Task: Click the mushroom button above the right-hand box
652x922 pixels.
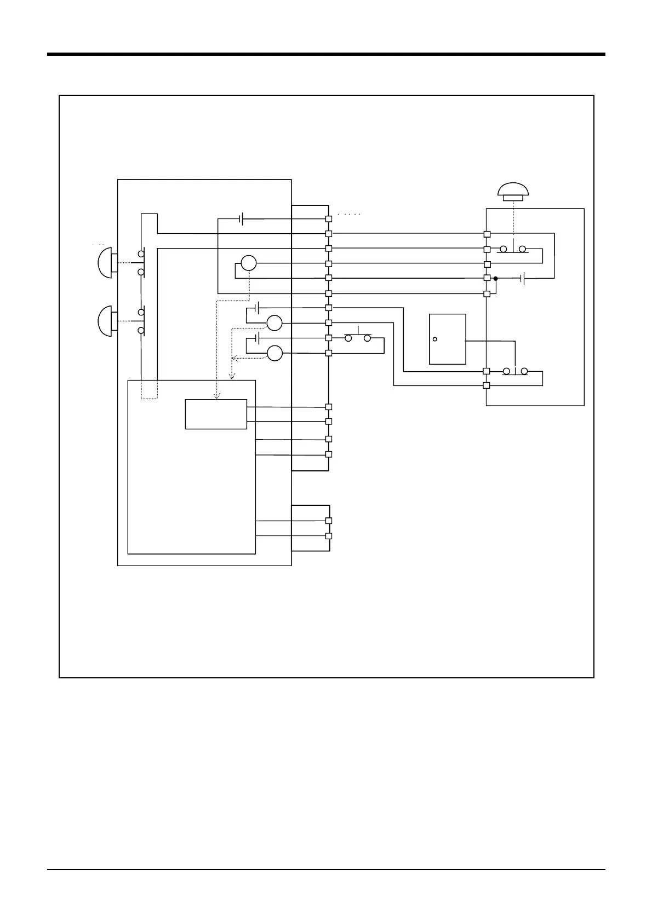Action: tap(513, 191)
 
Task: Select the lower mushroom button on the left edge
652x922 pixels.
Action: tap(105, 321)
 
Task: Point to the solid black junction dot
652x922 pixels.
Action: tap(495, 279)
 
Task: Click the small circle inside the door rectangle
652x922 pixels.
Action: tap(434, 339)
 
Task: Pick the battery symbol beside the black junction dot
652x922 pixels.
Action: tap(524, 279)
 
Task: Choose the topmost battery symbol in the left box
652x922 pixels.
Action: tap(241, 219)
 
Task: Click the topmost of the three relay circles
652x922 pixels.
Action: tap(248, 263)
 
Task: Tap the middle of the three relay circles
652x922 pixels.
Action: tap(274, 324)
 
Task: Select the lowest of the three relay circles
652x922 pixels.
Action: tap(274, 354)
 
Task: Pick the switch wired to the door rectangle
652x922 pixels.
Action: tap(515, 371)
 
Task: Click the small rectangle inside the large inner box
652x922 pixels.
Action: tap(216, 414)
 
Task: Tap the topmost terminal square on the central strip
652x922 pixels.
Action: tap(329, 219)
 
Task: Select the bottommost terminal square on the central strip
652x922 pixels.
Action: tap(329, 536)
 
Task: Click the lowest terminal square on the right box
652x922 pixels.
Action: tap(487, 385)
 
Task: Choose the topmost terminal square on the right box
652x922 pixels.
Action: tap(487, 234)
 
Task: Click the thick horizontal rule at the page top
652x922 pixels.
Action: tap(326, 54)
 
